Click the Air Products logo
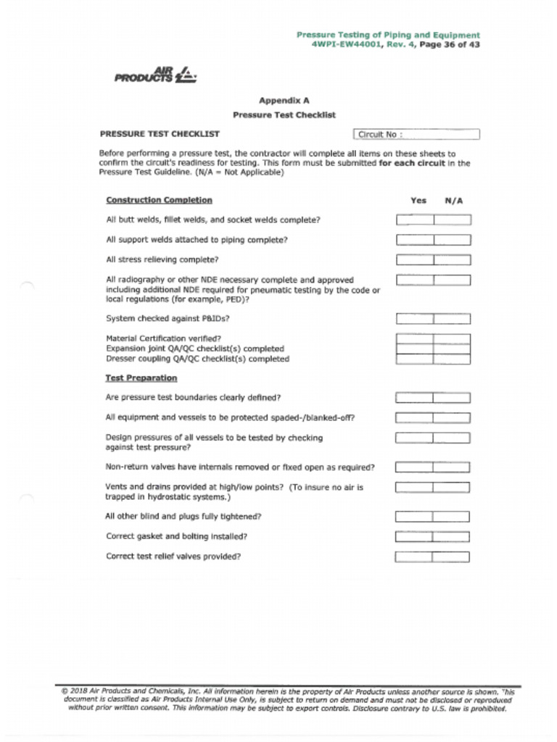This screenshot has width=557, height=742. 154,75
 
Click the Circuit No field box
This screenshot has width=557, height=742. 416,134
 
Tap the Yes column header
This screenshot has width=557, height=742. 418,201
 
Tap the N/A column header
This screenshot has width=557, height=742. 453,201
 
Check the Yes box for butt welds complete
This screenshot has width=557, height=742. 415,220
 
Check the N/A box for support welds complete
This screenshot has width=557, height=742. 453,240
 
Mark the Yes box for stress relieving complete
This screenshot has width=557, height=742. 415,259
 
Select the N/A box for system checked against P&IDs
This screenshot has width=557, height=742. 453,318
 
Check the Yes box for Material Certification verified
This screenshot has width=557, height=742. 415,338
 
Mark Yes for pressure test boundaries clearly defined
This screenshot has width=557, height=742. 414,397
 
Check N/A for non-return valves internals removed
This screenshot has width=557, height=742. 452,467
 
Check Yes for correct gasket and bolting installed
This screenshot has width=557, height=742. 414,537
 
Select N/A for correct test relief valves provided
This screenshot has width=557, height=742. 451,556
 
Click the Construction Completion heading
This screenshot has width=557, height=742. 159,200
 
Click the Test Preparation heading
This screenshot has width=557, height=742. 141,378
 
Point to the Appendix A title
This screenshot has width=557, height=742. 284,101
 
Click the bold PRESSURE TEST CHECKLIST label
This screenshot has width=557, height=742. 160,134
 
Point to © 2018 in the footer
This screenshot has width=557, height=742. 74,691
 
